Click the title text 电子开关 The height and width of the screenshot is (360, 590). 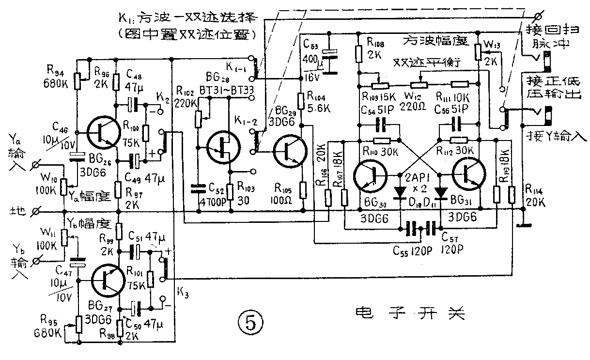(x=409, y=313)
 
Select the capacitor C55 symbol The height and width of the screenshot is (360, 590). (x=413, y=228)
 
